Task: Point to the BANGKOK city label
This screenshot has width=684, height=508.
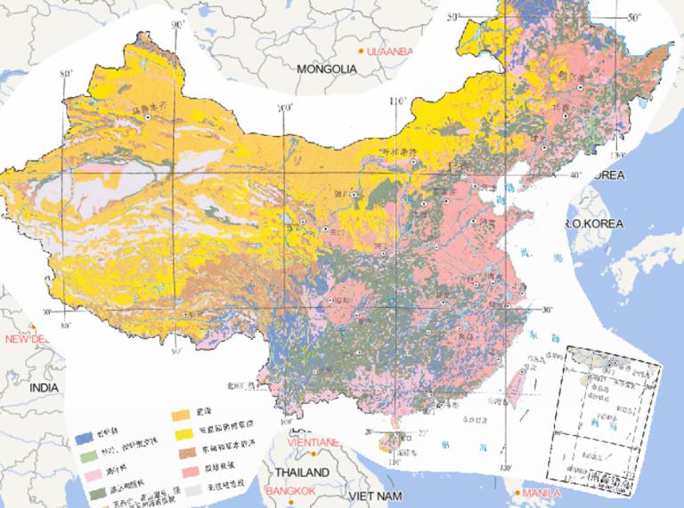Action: (300, 490)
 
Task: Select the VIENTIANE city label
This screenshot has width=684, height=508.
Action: (312, 442)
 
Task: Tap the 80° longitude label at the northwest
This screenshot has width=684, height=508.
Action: (64, 74)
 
